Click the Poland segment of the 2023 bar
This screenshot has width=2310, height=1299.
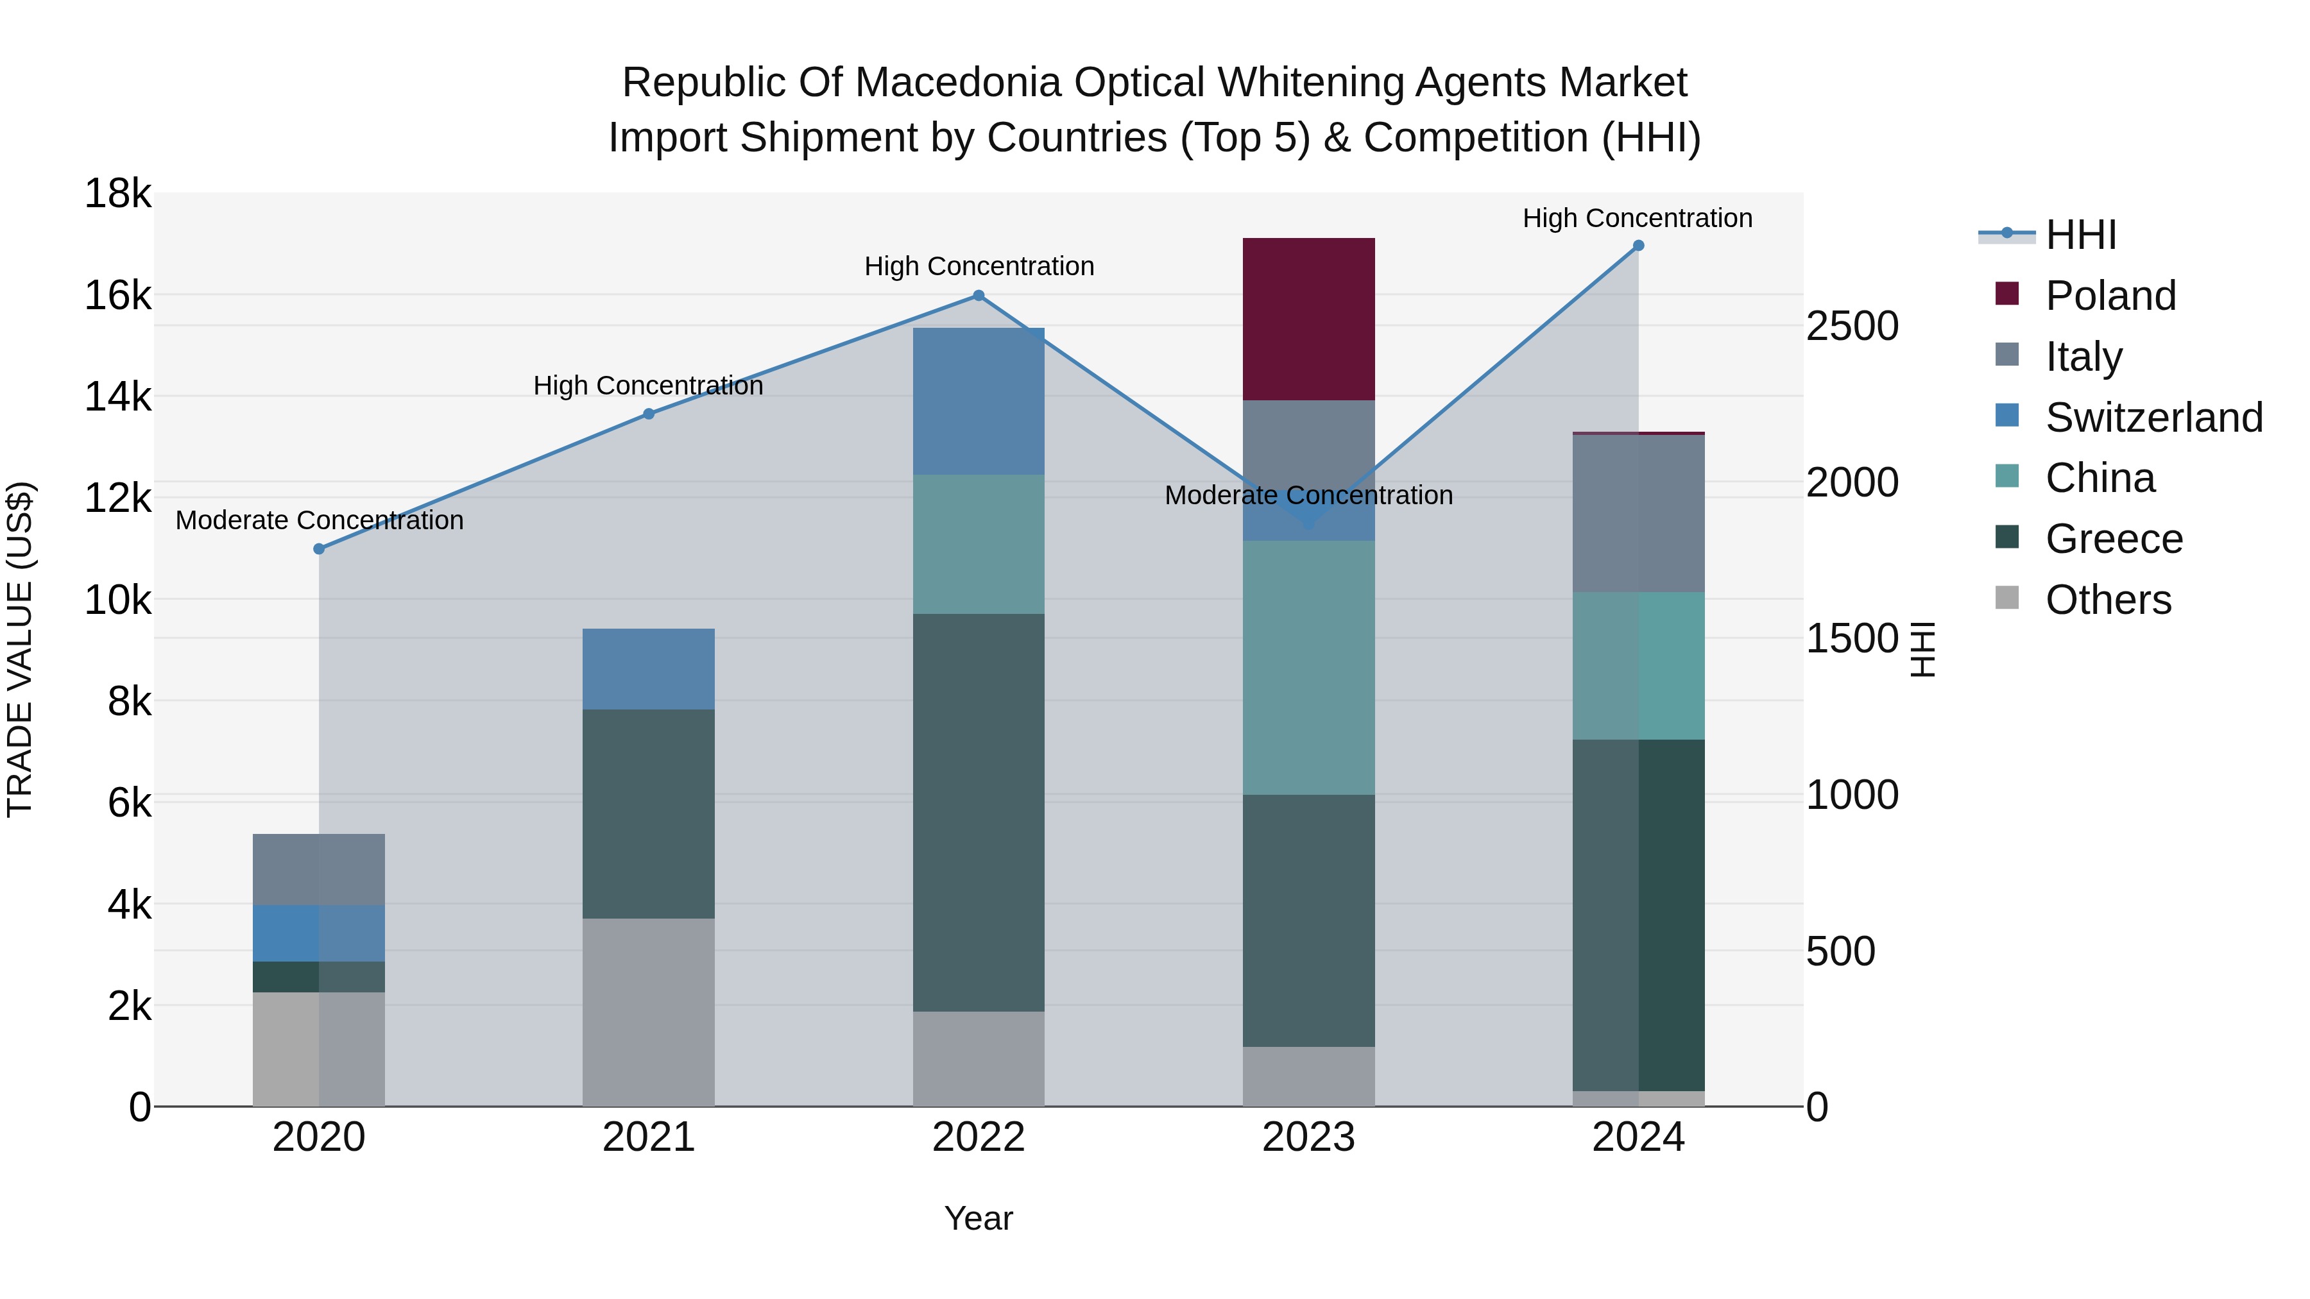coord(1308,319)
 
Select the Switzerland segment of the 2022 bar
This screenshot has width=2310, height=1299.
coord(979,401)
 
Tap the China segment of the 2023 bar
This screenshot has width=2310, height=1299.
coord(1308,667)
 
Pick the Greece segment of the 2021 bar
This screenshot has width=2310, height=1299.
coord(648,813)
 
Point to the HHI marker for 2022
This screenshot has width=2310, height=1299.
coord(979,296)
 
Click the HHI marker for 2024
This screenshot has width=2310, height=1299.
coord(1638,246)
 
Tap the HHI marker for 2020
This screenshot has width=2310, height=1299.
coord(320,548)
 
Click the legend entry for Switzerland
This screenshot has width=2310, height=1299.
coord(2153,418)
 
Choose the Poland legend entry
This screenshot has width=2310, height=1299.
coord(2110,296)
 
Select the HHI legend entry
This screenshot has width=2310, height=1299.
coord(2080,235)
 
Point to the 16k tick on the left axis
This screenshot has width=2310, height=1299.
coord(117,295)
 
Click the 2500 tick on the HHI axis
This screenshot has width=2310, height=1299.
coord(1852,327)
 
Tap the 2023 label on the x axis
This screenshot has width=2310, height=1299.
coord(1308,1137)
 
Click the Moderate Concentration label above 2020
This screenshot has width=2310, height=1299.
coord(320,520)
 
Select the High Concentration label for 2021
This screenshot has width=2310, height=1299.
coord(648,386)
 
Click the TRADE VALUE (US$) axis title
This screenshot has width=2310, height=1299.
coord(20,649)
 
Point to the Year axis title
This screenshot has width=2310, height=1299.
coord(979,1218)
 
